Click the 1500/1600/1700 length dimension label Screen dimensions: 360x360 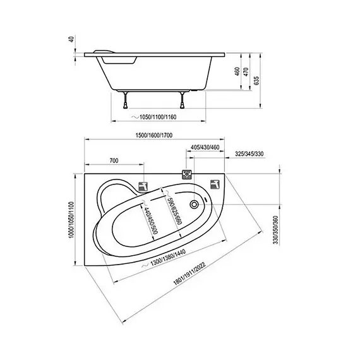click(x=154, y=135)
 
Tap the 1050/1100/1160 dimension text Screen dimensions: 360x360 click(x=158, y=117)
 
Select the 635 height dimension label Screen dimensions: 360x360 click(x=256, y=80)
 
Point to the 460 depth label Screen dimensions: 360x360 click(x=237, y=71)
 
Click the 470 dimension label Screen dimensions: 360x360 click(x=246, y=72)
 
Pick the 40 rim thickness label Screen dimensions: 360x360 click(x=71, y=39)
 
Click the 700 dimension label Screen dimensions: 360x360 click(x=114, y=160)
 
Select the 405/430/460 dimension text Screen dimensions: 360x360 click(x=205, y=147)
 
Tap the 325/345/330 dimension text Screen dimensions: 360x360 click(x=249, y=154)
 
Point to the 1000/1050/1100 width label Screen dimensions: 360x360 click(x=71, y=220)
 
